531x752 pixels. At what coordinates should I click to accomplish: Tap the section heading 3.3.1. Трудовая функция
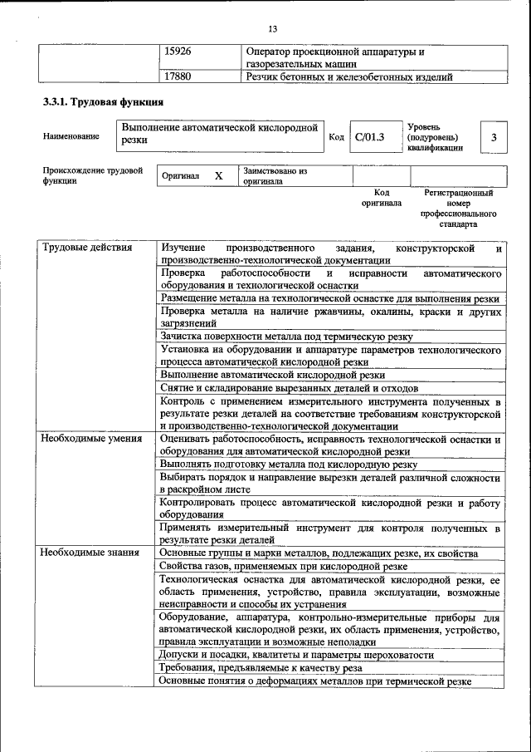point(103,102)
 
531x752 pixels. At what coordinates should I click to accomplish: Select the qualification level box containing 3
point(494,137)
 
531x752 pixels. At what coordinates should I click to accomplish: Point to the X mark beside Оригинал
point(218,176)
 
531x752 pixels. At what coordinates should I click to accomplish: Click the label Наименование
point(71,136)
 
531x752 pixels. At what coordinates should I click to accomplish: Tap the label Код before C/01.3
point(336,137)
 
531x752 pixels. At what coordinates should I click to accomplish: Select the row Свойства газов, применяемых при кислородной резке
point(283,566)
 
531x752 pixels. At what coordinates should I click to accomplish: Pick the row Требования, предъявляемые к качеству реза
point(261,667)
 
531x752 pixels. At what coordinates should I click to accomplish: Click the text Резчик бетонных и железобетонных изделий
point(349,77)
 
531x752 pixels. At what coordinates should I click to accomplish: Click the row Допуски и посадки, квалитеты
point(296,655)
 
